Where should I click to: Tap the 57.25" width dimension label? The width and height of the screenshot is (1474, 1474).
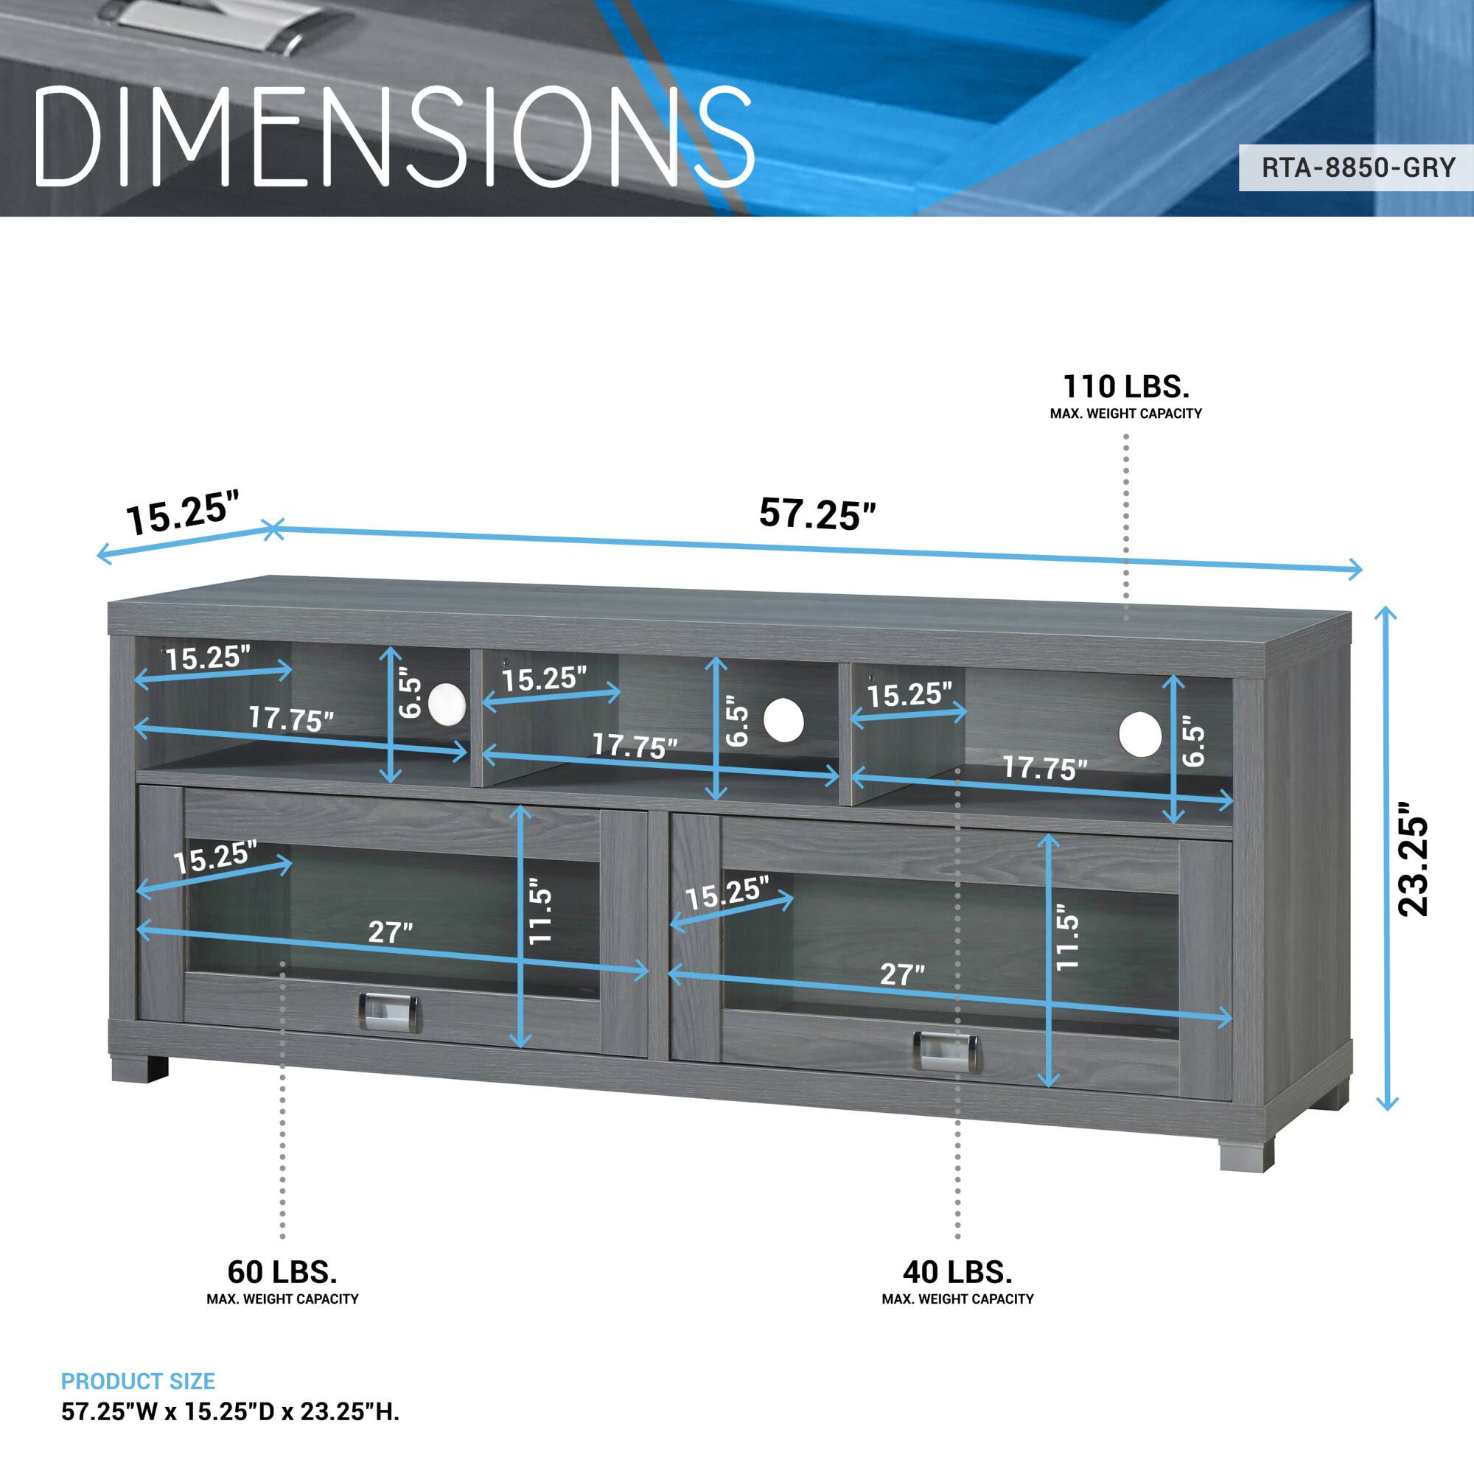[x=817, y=513]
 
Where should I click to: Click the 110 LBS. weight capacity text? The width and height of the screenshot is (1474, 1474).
[x=1126, y=388]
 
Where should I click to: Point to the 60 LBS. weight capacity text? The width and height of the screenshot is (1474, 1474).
[x=282, y=1272]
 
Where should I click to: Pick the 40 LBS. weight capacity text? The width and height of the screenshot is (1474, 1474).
[x=957, y=1272]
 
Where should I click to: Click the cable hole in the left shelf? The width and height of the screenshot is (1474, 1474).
[x=446, y=702]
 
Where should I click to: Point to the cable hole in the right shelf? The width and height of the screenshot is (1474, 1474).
[x=1140, y=736]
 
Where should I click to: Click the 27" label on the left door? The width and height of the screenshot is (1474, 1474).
[x=391, y=932]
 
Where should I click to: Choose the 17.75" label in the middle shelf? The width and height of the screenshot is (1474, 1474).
[x=635, y=745]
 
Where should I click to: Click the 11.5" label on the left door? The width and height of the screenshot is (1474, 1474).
[x=540, y=915]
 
